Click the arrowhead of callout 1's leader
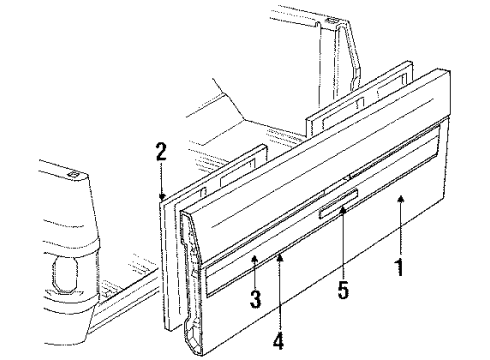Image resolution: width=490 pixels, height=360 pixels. point(400,199)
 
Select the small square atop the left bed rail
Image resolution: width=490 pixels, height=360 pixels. point(76,174)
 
